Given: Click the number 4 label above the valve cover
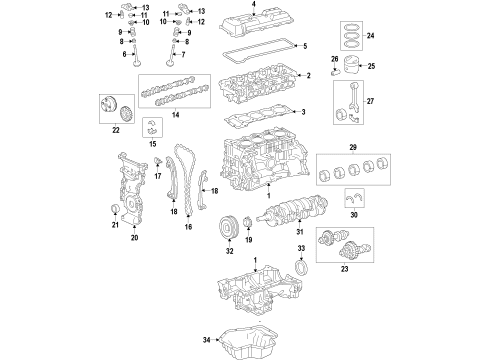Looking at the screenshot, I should pos(254,6).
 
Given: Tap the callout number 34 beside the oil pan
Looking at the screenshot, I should pos(208,339).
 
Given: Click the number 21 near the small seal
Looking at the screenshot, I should pos(116,225).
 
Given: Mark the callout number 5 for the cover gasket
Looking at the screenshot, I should pos(305,46).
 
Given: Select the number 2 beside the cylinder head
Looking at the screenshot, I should pos(309,75).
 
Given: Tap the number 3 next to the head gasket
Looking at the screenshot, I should pos(305,112).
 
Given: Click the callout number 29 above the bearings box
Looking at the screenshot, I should pos(351,146).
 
